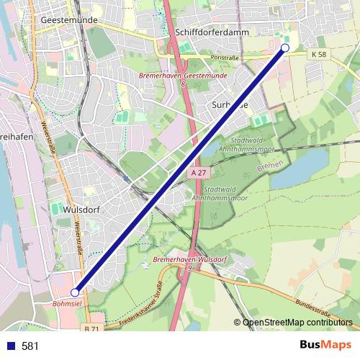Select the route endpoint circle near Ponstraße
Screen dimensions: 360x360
(284, 48)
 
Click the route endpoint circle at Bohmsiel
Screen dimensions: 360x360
(75, 292)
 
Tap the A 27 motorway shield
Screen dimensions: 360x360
(200, 173)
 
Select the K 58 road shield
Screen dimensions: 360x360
(319, 55)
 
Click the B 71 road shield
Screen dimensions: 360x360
(91, 328)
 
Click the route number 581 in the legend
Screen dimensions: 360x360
(30, 346)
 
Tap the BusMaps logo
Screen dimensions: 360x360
(325, 345)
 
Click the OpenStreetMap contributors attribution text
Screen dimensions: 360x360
(297, 322)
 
